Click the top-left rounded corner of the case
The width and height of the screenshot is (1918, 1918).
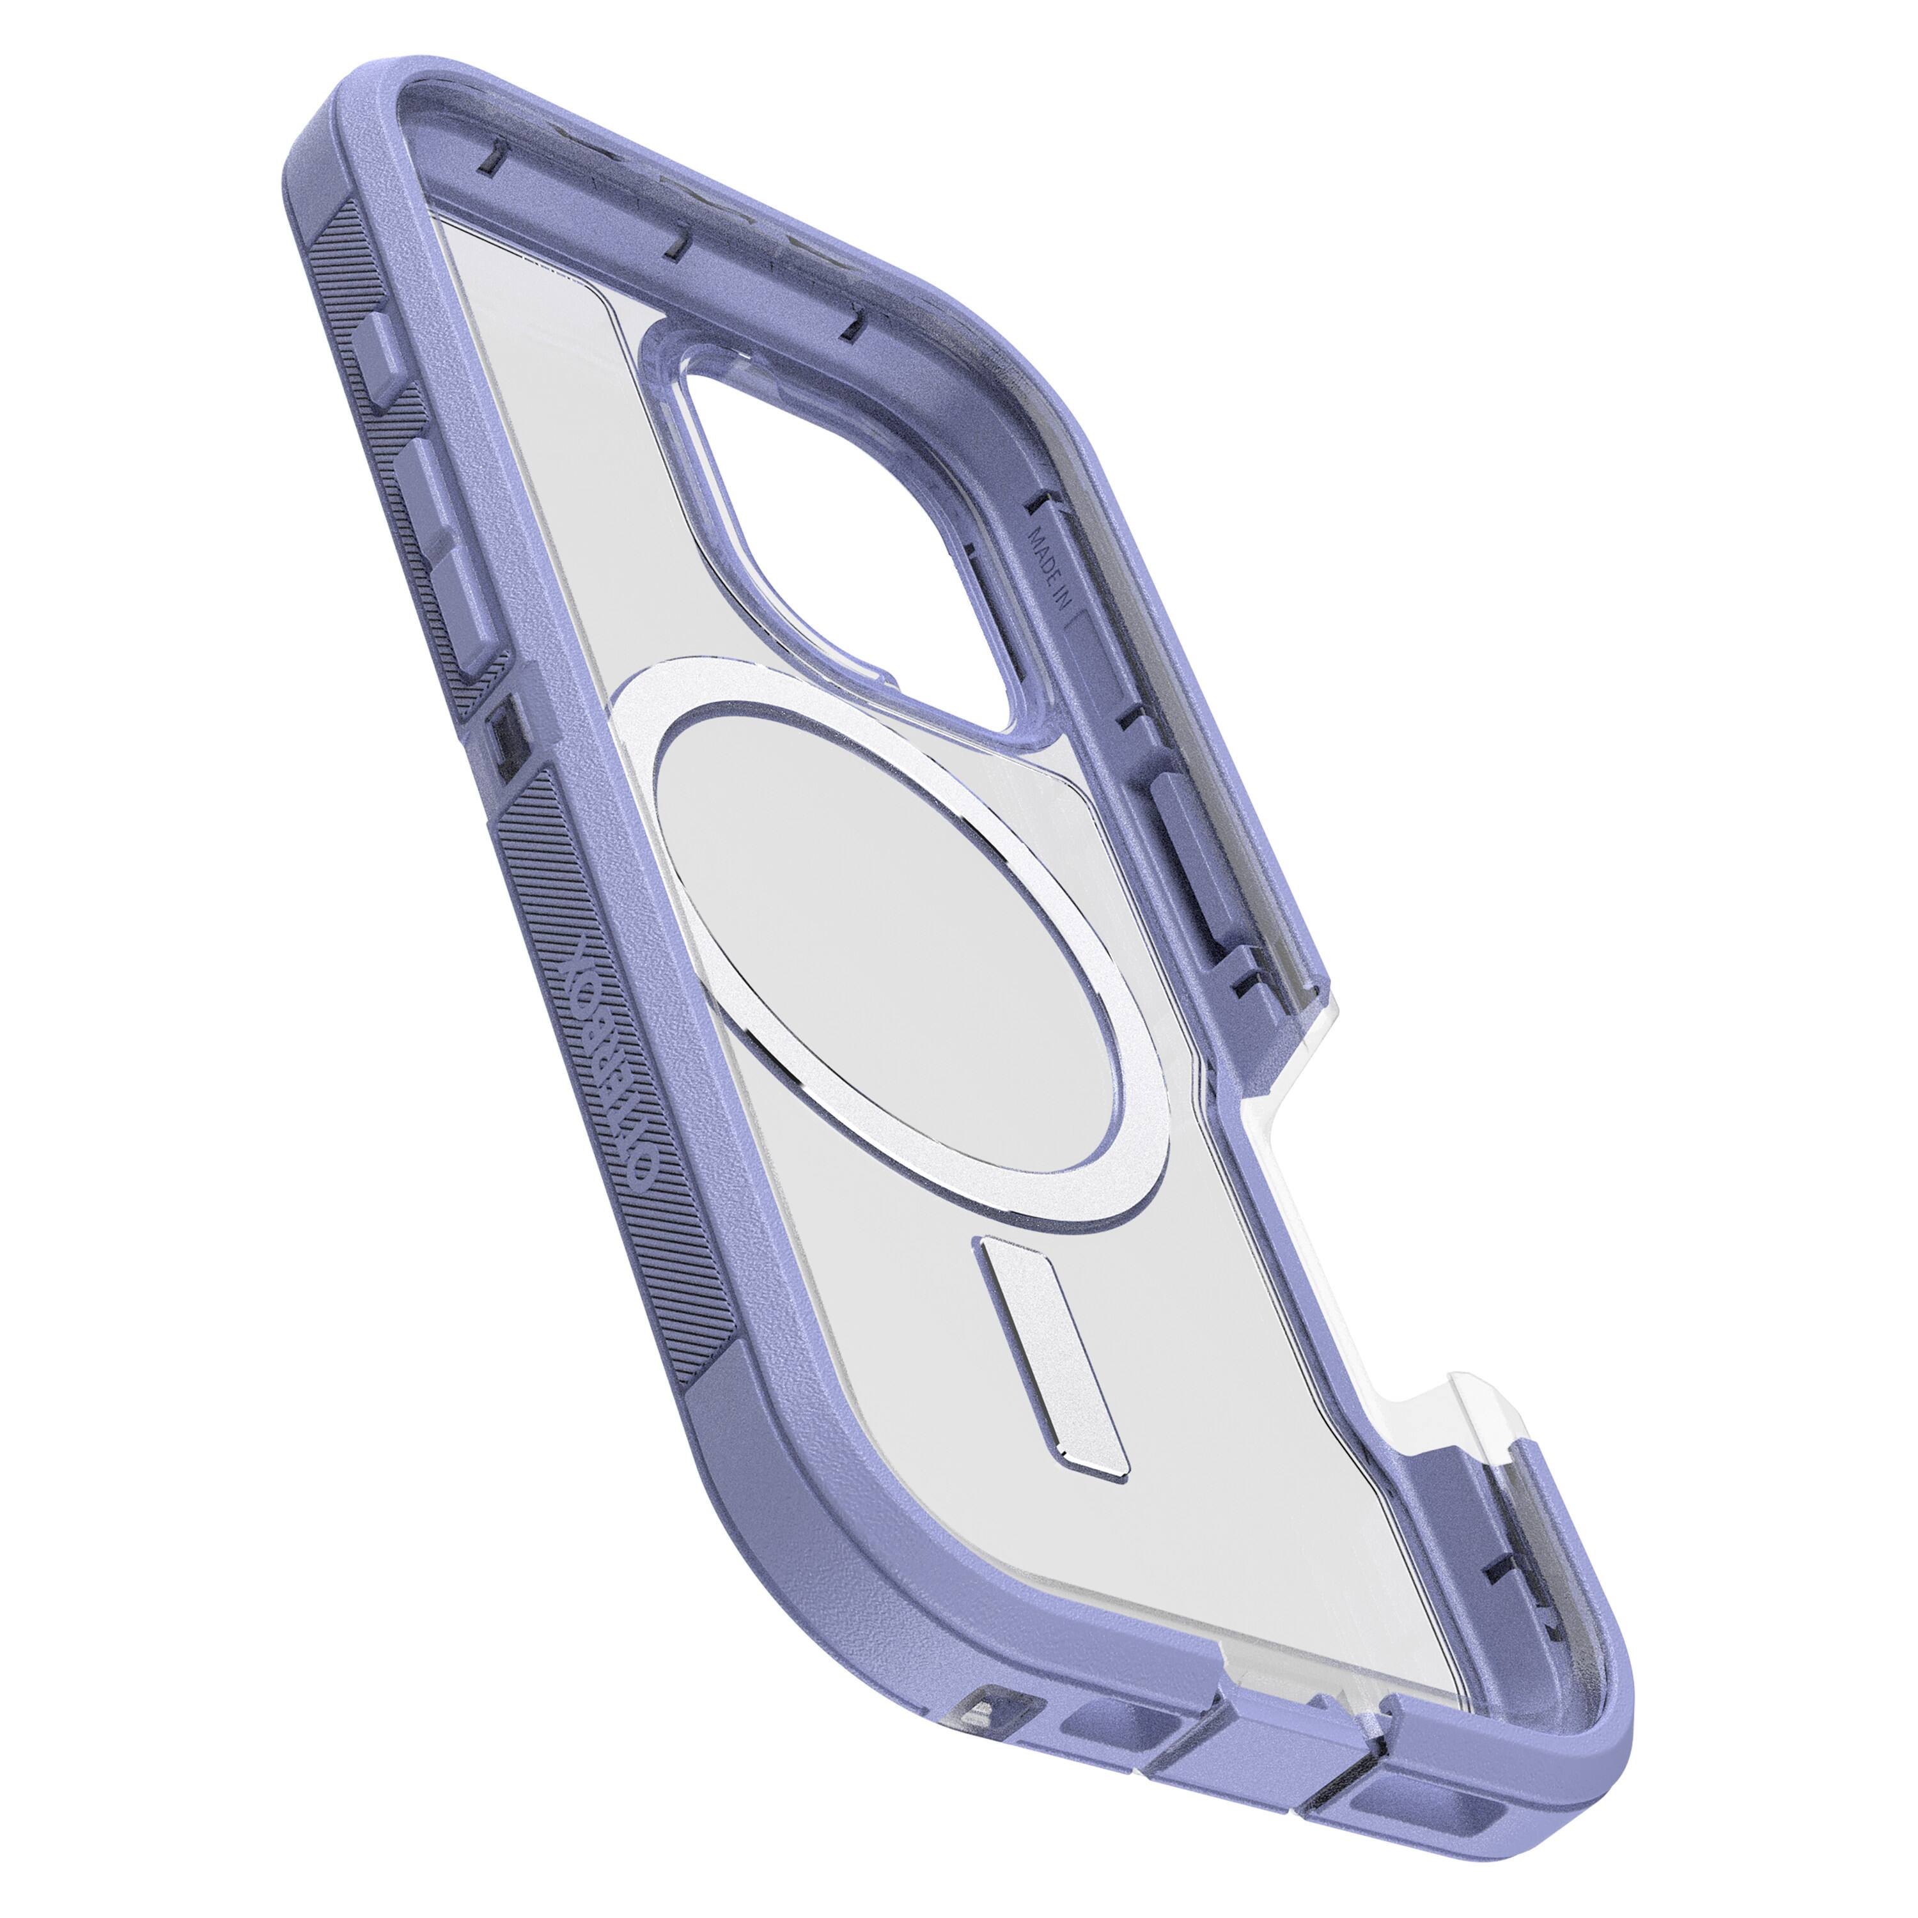click(x=338, y=129)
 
